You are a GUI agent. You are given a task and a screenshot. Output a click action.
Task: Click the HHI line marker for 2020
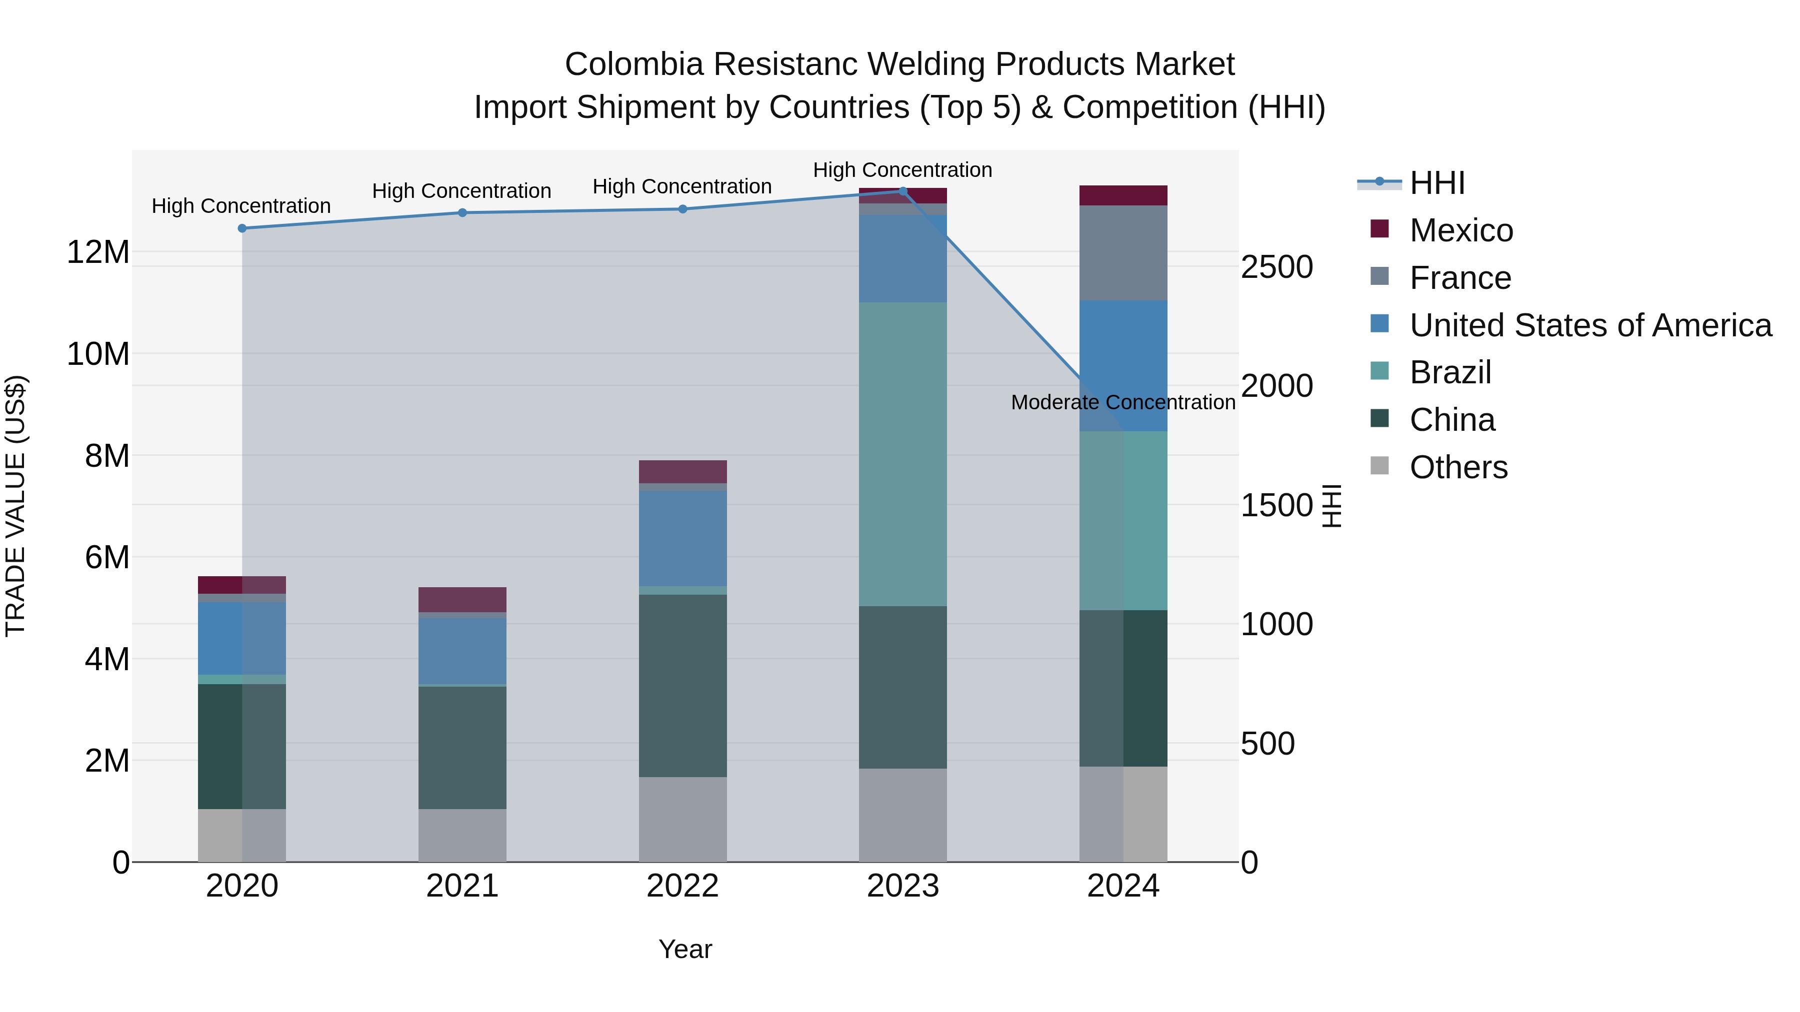[x=242, y=228]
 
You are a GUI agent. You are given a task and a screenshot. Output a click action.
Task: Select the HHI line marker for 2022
[x=682, y=209]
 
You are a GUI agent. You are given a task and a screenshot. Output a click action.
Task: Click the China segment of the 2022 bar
[x=682, y=685]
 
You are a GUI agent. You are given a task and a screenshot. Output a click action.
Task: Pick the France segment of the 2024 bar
[x=1123, y=253]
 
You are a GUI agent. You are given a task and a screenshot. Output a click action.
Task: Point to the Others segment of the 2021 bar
[x=462, y=835]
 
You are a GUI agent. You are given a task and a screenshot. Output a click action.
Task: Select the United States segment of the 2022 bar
[x=682, y=538]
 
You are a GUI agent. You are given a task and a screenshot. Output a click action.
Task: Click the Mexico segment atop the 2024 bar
[x=1123, y=195]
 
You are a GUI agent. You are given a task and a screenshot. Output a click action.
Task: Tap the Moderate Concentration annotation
[x=1123, y=402]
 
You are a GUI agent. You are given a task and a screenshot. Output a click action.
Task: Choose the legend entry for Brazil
[x=1450, y=372]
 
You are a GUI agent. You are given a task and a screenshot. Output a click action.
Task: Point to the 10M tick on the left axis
[x=98, y=354]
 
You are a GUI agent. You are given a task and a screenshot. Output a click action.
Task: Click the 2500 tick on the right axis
[x=1276, y=267]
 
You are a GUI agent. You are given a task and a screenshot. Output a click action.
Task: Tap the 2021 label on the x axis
[x=462, y=886]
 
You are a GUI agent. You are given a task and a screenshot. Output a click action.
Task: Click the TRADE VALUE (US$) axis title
[x=15, y=506]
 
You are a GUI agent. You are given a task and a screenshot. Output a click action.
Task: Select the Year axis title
[x=685, y=949]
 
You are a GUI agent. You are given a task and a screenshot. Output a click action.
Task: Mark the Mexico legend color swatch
[x=1379, y=228]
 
